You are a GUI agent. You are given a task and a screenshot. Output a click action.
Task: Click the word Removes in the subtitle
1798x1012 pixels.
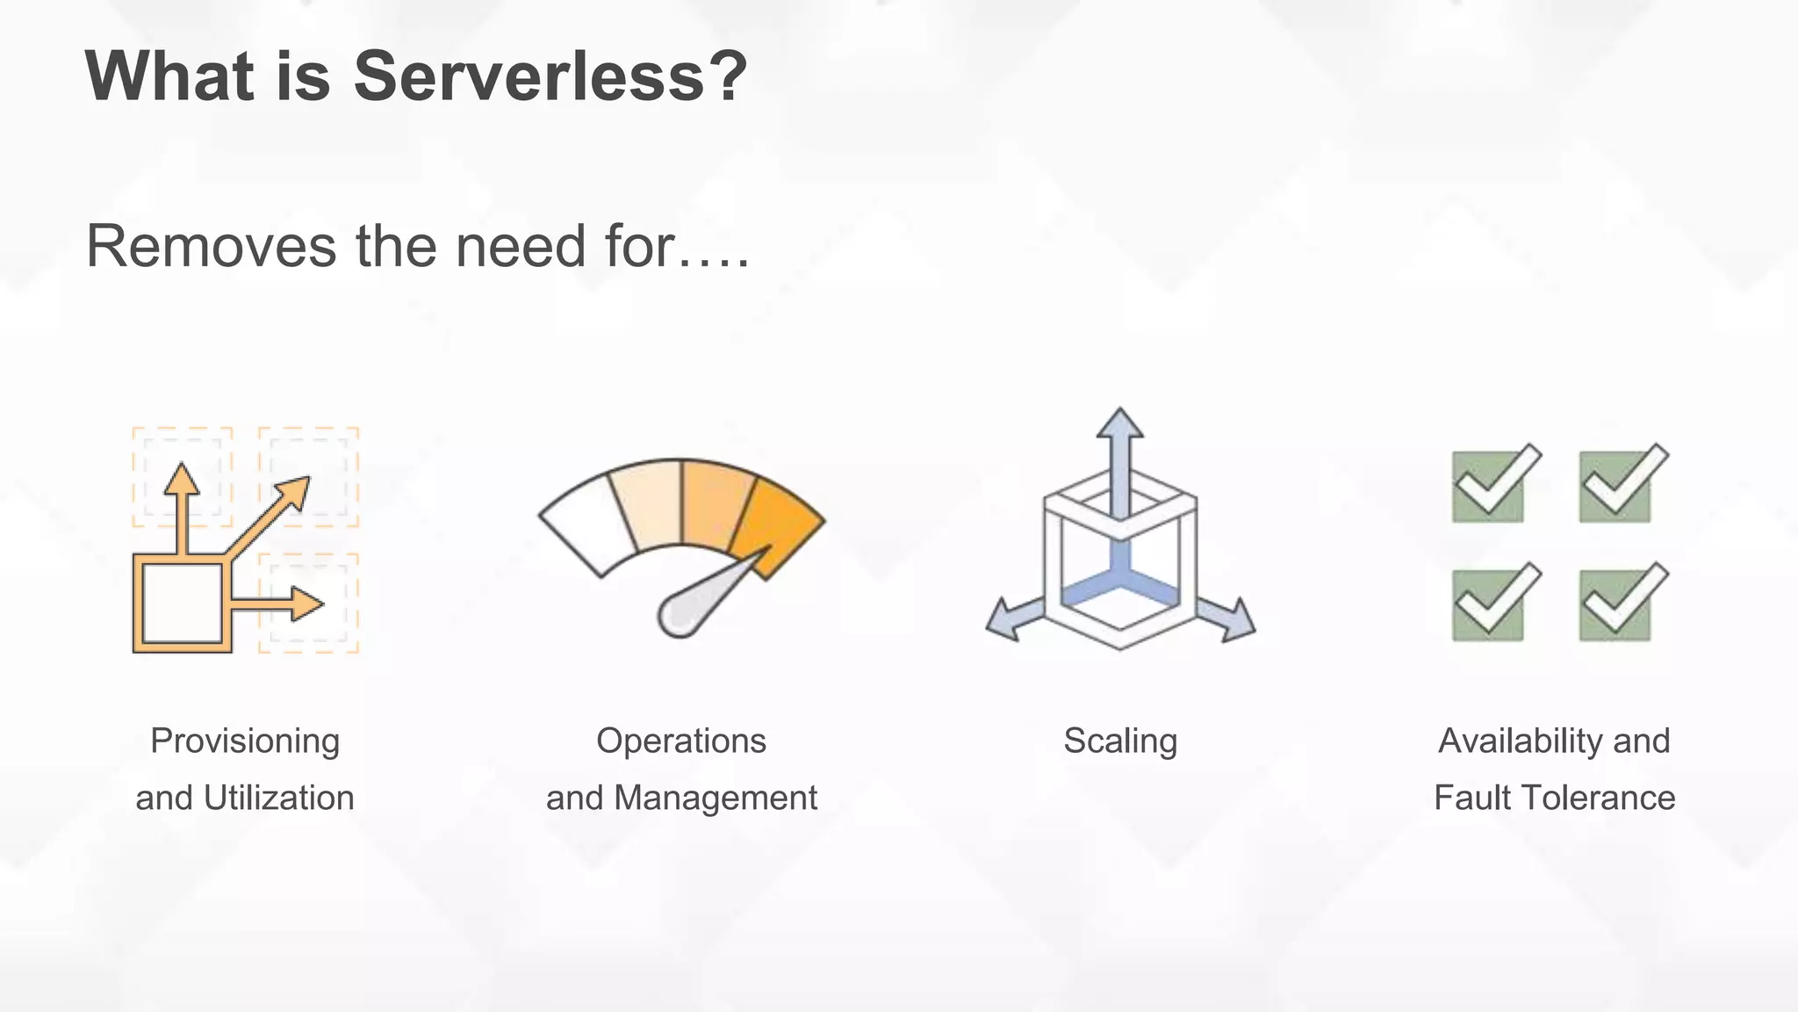[x=211, y=246]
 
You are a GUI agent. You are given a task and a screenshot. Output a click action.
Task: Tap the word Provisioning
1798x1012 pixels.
[x=245, y=741]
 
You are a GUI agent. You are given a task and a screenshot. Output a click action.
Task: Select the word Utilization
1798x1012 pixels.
[x=279, y=798]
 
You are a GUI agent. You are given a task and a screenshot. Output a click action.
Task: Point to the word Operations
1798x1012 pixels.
[x=681, y=741]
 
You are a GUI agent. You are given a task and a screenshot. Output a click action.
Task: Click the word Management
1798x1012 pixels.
[x=716, y=798]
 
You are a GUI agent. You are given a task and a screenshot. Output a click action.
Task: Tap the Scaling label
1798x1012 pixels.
[x=1120, y=741]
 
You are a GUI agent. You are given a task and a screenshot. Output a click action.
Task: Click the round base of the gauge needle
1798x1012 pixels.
[x=679, y=616]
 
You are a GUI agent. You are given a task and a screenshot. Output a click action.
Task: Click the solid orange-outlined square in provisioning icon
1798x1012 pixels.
[x=183, y=604]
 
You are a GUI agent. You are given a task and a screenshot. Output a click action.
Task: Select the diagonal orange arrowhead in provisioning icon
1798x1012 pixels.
[x=295, y=491]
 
